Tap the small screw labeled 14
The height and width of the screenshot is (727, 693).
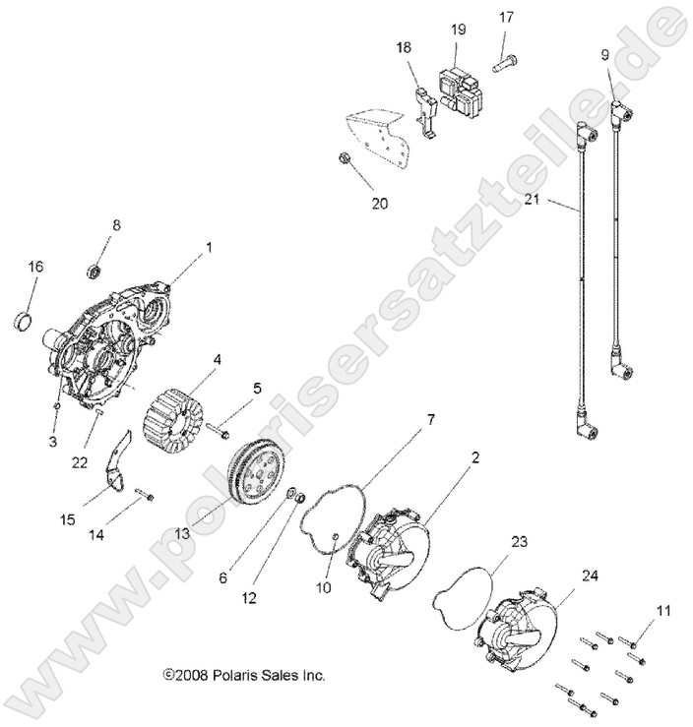(x=143, y=496)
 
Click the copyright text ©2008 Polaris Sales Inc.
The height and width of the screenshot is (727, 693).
(x=243, y=676)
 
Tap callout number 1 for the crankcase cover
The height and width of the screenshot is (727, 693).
(x=208, y=250)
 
